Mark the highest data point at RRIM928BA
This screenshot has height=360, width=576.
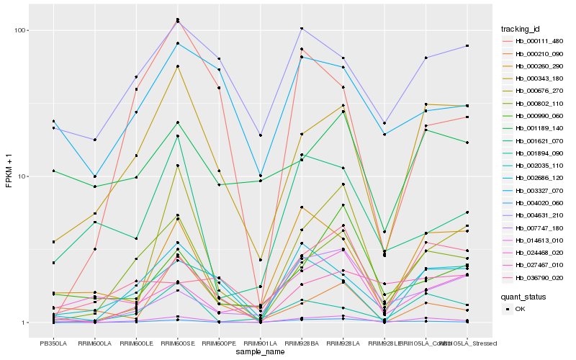point(302,29)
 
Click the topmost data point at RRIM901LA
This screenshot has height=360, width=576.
point(261,135)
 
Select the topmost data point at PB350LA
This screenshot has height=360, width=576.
point(53,121)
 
